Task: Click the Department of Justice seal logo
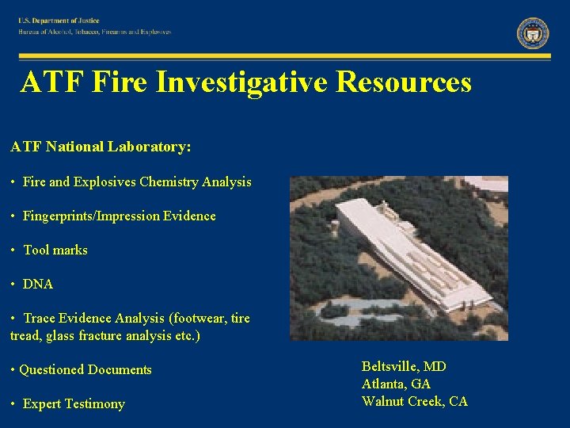click(533, 33)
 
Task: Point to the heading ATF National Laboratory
click(101, 147)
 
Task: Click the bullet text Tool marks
click(55, 250)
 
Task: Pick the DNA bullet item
click(38, 284)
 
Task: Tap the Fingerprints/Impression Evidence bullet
click(119, 216)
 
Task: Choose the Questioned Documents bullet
click(85, 369)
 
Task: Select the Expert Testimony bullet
click(74, 404)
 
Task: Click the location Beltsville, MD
click(404, 366)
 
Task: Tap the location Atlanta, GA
click(396, 384)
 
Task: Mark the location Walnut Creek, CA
click(415, 401)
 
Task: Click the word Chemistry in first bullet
click(169, 182)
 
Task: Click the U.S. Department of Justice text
click(59, 21)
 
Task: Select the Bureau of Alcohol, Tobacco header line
click(95, 32)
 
